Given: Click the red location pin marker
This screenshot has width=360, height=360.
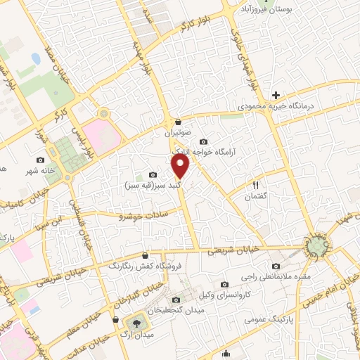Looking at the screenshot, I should pos(181,166).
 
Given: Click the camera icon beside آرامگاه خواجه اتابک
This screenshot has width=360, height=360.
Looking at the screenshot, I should pos(204,141).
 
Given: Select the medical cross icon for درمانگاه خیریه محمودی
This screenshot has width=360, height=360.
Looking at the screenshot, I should pos(276,94).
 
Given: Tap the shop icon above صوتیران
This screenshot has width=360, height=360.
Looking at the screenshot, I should pos(179,121).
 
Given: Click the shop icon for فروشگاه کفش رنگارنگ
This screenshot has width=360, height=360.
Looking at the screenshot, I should pos(145,256).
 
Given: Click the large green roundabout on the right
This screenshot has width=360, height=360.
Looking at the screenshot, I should pos(317,246).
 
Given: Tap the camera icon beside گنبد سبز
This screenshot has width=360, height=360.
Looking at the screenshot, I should pos(153,174).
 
